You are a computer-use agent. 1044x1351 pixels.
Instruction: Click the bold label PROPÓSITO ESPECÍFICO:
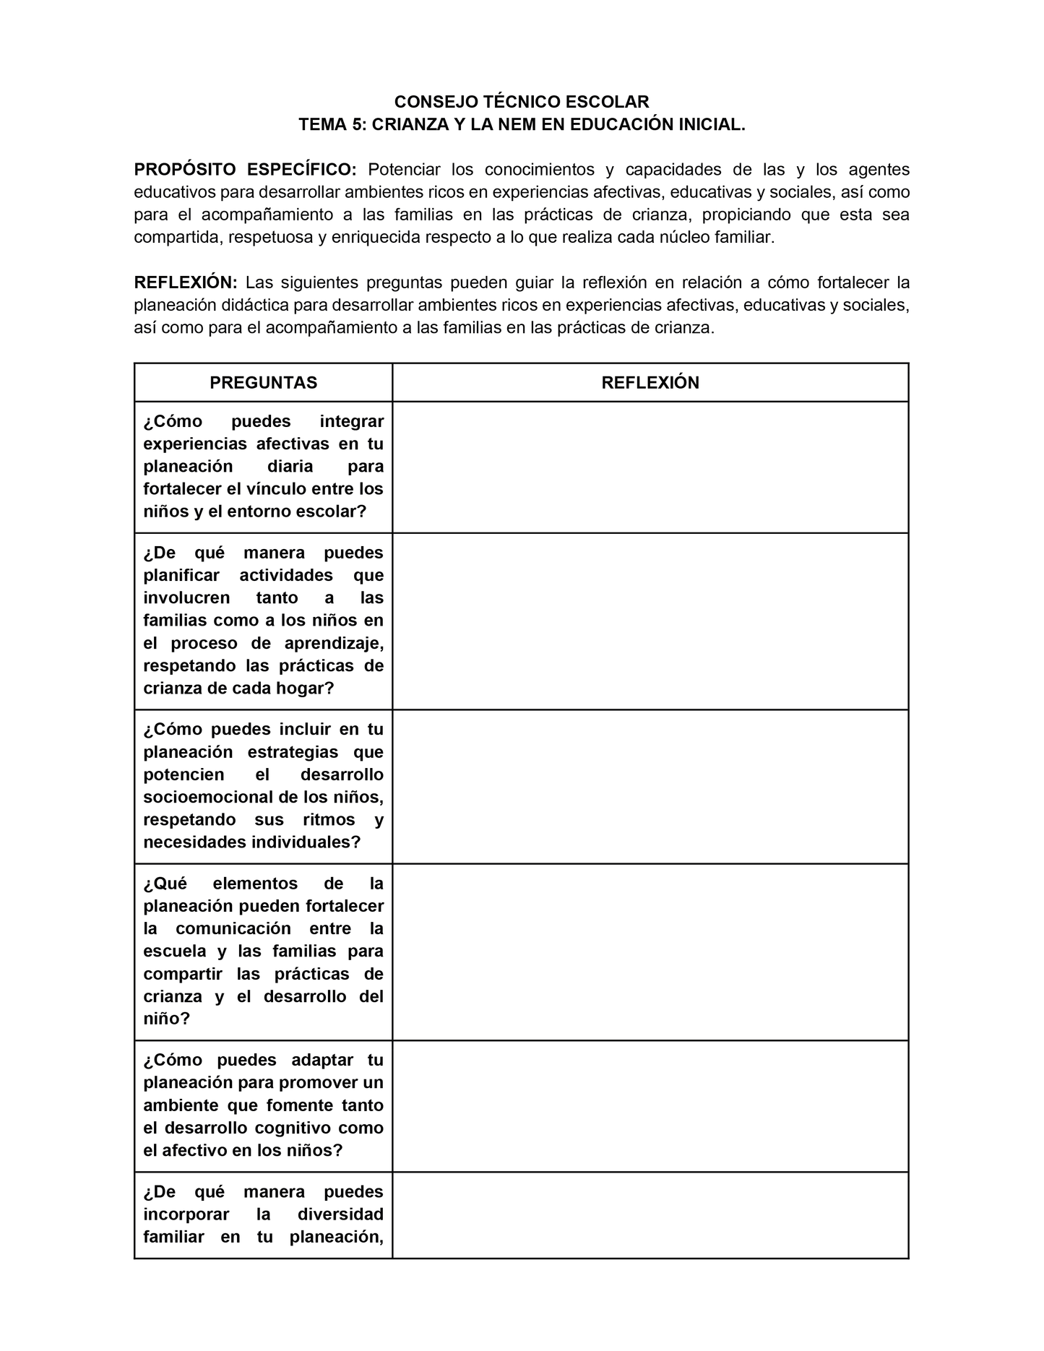(245, 170)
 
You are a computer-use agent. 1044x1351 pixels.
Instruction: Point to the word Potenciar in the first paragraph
(404, 170)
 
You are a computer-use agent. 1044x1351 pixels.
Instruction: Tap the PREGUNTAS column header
(263, 383)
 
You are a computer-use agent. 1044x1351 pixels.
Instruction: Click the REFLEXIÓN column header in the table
(650, 383)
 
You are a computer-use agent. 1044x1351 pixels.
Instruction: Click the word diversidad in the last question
(340, 1214)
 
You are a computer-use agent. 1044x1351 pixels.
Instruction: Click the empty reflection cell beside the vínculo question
(650, 467)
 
